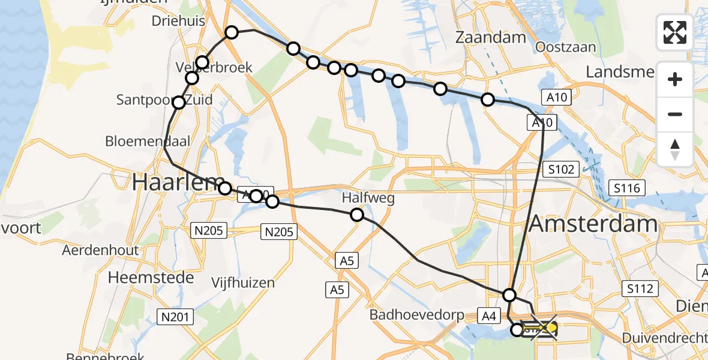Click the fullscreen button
point(675,32)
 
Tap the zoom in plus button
point(675,80)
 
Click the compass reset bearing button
point(675,149)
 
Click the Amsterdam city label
point(593,225)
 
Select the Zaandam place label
point(490,37)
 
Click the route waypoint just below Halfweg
point(357,215)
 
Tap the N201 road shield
point(173,315)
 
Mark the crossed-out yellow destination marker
point(550,328)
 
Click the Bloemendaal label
point(148,142)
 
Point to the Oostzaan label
point(566,47)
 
